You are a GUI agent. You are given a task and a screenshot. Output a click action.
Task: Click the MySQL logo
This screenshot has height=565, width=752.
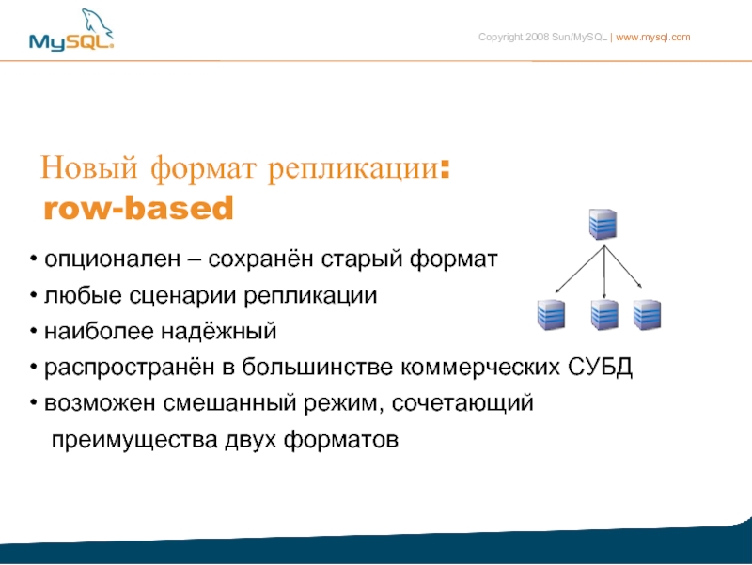pos(71,30)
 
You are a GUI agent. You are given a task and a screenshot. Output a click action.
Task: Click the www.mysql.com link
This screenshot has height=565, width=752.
pos(652,38)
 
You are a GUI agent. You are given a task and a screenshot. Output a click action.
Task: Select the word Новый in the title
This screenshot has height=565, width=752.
pos(88,167)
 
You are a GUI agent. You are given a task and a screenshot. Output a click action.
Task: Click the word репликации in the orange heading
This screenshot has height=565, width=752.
pos(353,169)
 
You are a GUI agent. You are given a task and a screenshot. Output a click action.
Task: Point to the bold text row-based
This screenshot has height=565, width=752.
pos(138,208)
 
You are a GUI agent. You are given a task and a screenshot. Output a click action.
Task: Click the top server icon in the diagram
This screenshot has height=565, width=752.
pos(603,224)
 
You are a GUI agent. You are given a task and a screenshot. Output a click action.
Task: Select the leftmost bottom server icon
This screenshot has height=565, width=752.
pos(551,315)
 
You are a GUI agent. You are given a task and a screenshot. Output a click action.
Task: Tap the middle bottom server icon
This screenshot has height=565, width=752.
pos(604,315)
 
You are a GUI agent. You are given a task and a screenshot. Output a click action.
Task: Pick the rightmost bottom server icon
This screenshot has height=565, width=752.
pos(647,315)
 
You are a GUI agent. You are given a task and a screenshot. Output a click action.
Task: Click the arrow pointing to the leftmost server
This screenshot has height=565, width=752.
pos(580,269)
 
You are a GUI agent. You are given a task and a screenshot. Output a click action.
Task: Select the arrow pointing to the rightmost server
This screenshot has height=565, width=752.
pos(623,267)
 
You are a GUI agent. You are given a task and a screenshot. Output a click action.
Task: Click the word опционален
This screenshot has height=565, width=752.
pos(112,260)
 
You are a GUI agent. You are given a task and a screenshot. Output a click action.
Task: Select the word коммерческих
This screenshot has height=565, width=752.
pos(480,368)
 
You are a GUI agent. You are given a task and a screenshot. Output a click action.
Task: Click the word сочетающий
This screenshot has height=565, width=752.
pos(462,403)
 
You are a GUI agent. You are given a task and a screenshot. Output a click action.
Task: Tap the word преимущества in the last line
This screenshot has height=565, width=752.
pos(134,440)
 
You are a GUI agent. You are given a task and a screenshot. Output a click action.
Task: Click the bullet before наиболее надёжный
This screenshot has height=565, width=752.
pos(33,331)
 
